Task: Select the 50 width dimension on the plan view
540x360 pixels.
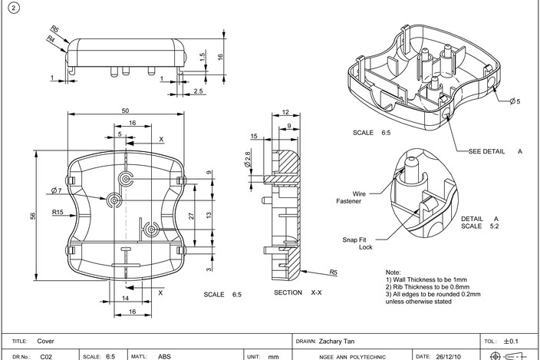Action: click(125, 111)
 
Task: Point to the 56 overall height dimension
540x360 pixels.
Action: click(33, 216)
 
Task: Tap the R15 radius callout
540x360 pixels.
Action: click(58, 212)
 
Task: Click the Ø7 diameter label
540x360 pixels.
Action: click(56, 190)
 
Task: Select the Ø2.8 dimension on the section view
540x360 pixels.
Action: click(247, 161)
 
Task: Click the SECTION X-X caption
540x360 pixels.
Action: click(298, 293)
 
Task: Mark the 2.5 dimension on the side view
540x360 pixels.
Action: click(198, 91)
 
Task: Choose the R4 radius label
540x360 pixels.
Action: click(51, 38)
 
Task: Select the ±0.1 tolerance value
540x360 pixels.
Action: click(512, 341)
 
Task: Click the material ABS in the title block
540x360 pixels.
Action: click(164, 356)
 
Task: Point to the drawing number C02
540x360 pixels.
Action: click(46, 356)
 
